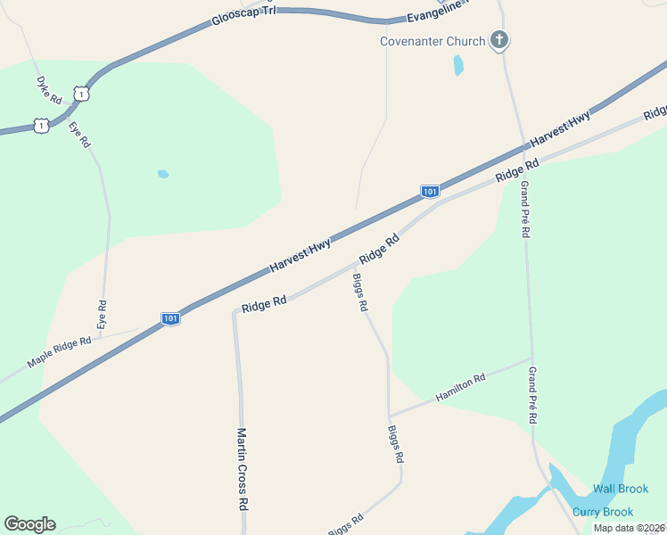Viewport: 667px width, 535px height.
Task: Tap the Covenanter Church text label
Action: click(x=432, y=41)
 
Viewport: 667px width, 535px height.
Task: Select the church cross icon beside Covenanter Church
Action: click(x=499, y=40)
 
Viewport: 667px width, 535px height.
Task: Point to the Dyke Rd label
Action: click(x=48, y=88)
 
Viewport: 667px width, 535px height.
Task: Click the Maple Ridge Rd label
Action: click(x=60, y=352)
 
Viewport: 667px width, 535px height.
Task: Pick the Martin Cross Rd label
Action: click(x=242, y=468)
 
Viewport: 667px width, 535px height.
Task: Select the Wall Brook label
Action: click(x=621, y=489)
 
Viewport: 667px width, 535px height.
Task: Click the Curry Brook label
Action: click(x=603, y=512)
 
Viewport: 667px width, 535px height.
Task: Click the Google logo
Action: click(x=29, y=524)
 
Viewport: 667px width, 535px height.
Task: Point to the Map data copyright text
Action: click(x=629, y=528)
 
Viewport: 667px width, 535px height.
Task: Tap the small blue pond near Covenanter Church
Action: click(x=458, y=65)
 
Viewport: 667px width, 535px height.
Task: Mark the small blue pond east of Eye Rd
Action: click(x=163, y=174)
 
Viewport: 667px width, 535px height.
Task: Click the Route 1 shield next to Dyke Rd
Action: click(x=81, y=93)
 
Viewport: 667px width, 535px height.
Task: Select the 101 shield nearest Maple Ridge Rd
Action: click(x=171, y=318)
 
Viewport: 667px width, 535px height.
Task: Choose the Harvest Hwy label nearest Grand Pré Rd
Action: click(x=560, y=130)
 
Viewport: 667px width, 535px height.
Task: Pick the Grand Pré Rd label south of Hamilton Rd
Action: click(x=532, y=394)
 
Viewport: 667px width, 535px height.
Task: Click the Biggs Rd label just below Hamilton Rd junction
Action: click(x=396, y=443)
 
